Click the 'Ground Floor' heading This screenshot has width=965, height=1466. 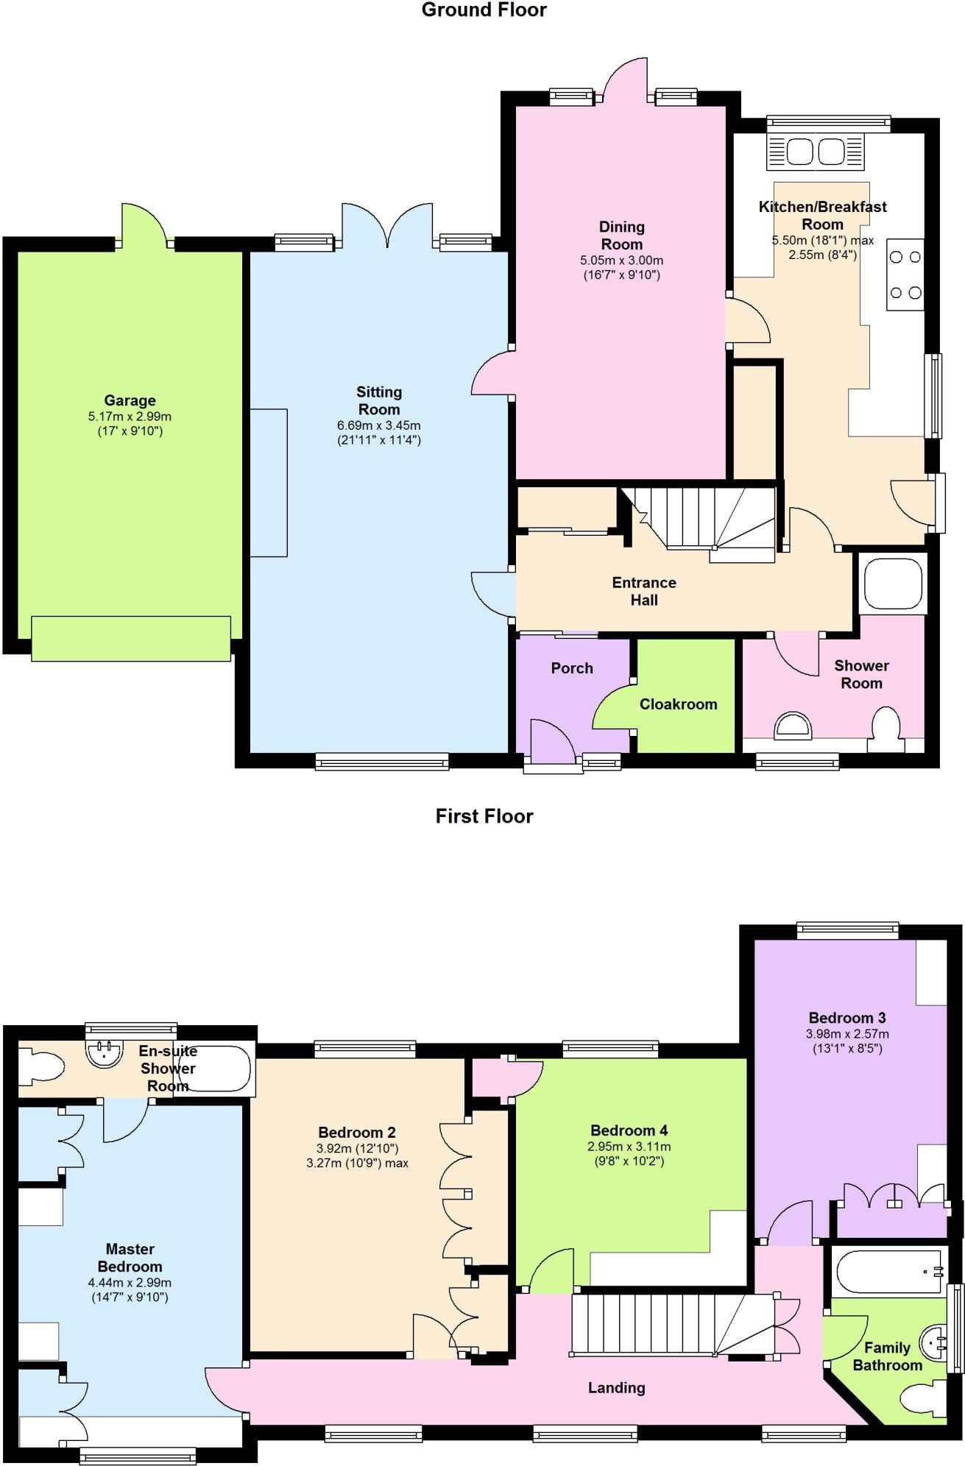tap(484, 10)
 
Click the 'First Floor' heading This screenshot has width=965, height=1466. tap(484, 816)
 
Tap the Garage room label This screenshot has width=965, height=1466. tap(130, 400)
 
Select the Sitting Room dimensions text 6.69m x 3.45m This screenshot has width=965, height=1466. tap(379, 425)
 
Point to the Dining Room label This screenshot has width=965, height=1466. tap(622, 236)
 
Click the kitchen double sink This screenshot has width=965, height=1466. tap(816, 152)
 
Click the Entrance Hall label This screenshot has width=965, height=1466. tap(644, 591)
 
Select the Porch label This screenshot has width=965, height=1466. tap(572, 668)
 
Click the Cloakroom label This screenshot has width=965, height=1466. tap(678, 704)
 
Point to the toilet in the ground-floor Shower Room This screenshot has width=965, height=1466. tap(887, 730)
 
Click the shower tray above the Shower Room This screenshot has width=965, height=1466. tap(893, 584)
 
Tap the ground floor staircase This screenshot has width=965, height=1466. tap(699, 524)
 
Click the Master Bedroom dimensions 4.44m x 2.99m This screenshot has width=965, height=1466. tap(130, 1282)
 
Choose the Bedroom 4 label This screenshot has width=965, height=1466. tap(629, 1130)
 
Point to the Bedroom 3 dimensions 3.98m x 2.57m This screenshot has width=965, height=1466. tap(847, 1033)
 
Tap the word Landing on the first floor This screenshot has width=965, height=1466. tap(616, 1388)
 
